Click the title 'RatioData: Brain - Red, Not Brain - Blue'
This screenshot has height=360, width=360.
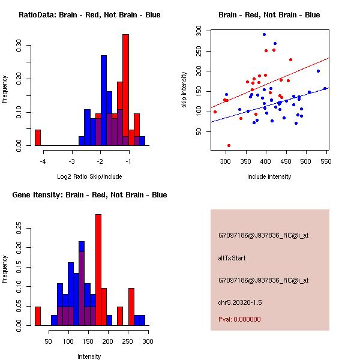click(89, 14)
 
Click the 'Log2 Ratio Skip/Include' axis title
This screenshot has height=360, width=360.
click(89, 176)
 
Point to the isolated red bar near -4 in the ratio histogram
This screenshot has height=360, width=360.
click(37, 137)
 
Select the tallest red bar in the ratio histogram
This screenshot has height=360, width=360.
click(125, 90)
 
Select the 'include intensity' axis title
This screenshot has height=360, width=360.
click(269, 176)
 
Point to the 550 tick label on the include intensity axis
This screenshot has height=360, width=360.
click(326, 161)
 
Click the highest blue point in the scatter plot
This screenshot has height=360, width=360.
click(264, 35)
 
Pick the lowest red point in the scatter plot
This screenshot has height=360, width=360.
click(229, 145)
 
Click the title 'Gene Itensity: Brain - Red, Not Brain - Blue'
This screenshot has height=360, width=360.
click(89, 194)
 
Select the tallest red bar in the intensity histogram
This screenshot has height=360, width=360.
click(98, 270)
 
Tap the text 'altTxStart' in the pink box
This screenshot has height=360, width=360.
click(232, 258)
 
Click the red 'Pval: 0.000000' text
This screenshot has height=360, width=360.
click(239, 319)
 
